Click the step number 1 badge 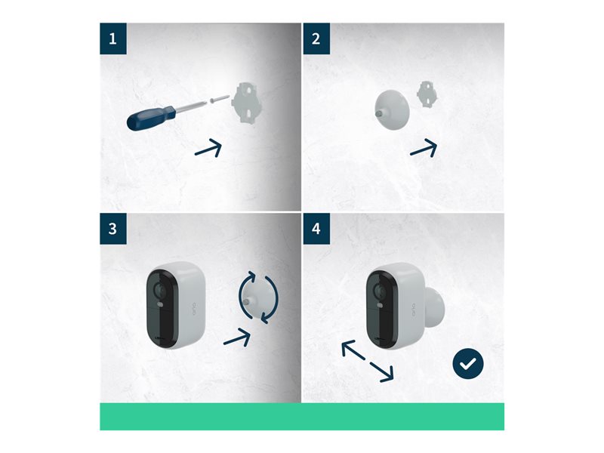tap(113, 39)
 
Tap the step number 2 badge tap(316, 39)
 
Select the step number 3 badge tap(113, 229)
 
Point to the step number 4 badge tap(316, 229)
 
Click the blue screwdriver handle tap(151, 119)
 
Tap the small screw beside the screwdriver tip tap(220, 99)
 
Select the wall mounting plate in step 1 tap(245, 103)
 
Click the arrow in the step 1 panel tap(208, 149)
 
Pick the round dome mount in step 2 tap(392, 109)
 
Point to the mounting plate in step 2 tap(427, 94)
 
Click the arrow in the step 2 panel tap(424, 148)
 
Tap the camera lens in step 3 tap(159, 289)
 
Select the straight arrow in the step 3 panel tap(237, 337)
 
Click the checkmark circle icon tap(468, 364)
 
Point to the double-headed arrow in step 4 tap(368, 361)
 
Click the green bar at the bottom tap(302, 417)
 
